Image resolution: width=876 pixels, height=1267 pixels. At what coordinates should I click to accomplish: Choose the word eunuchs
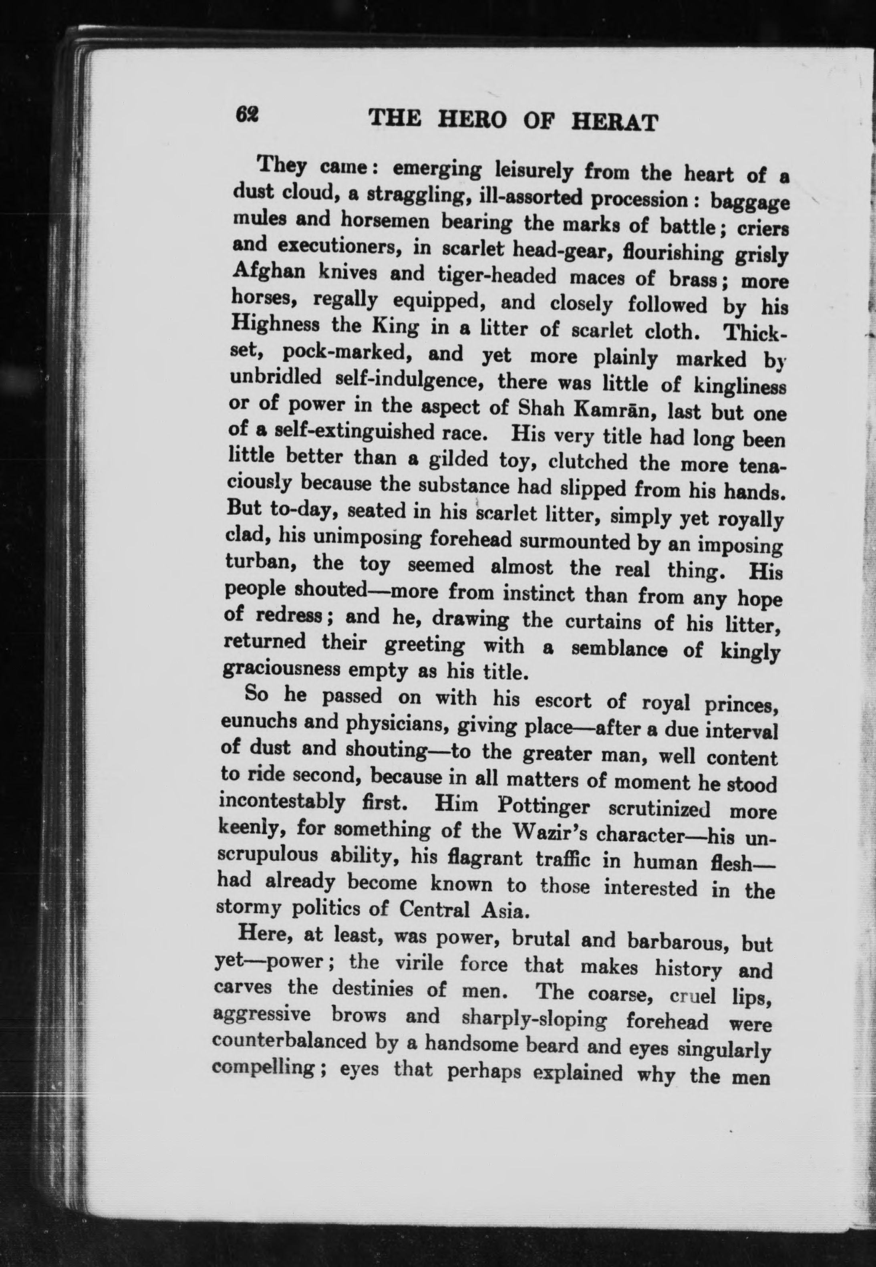point(258,721)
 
